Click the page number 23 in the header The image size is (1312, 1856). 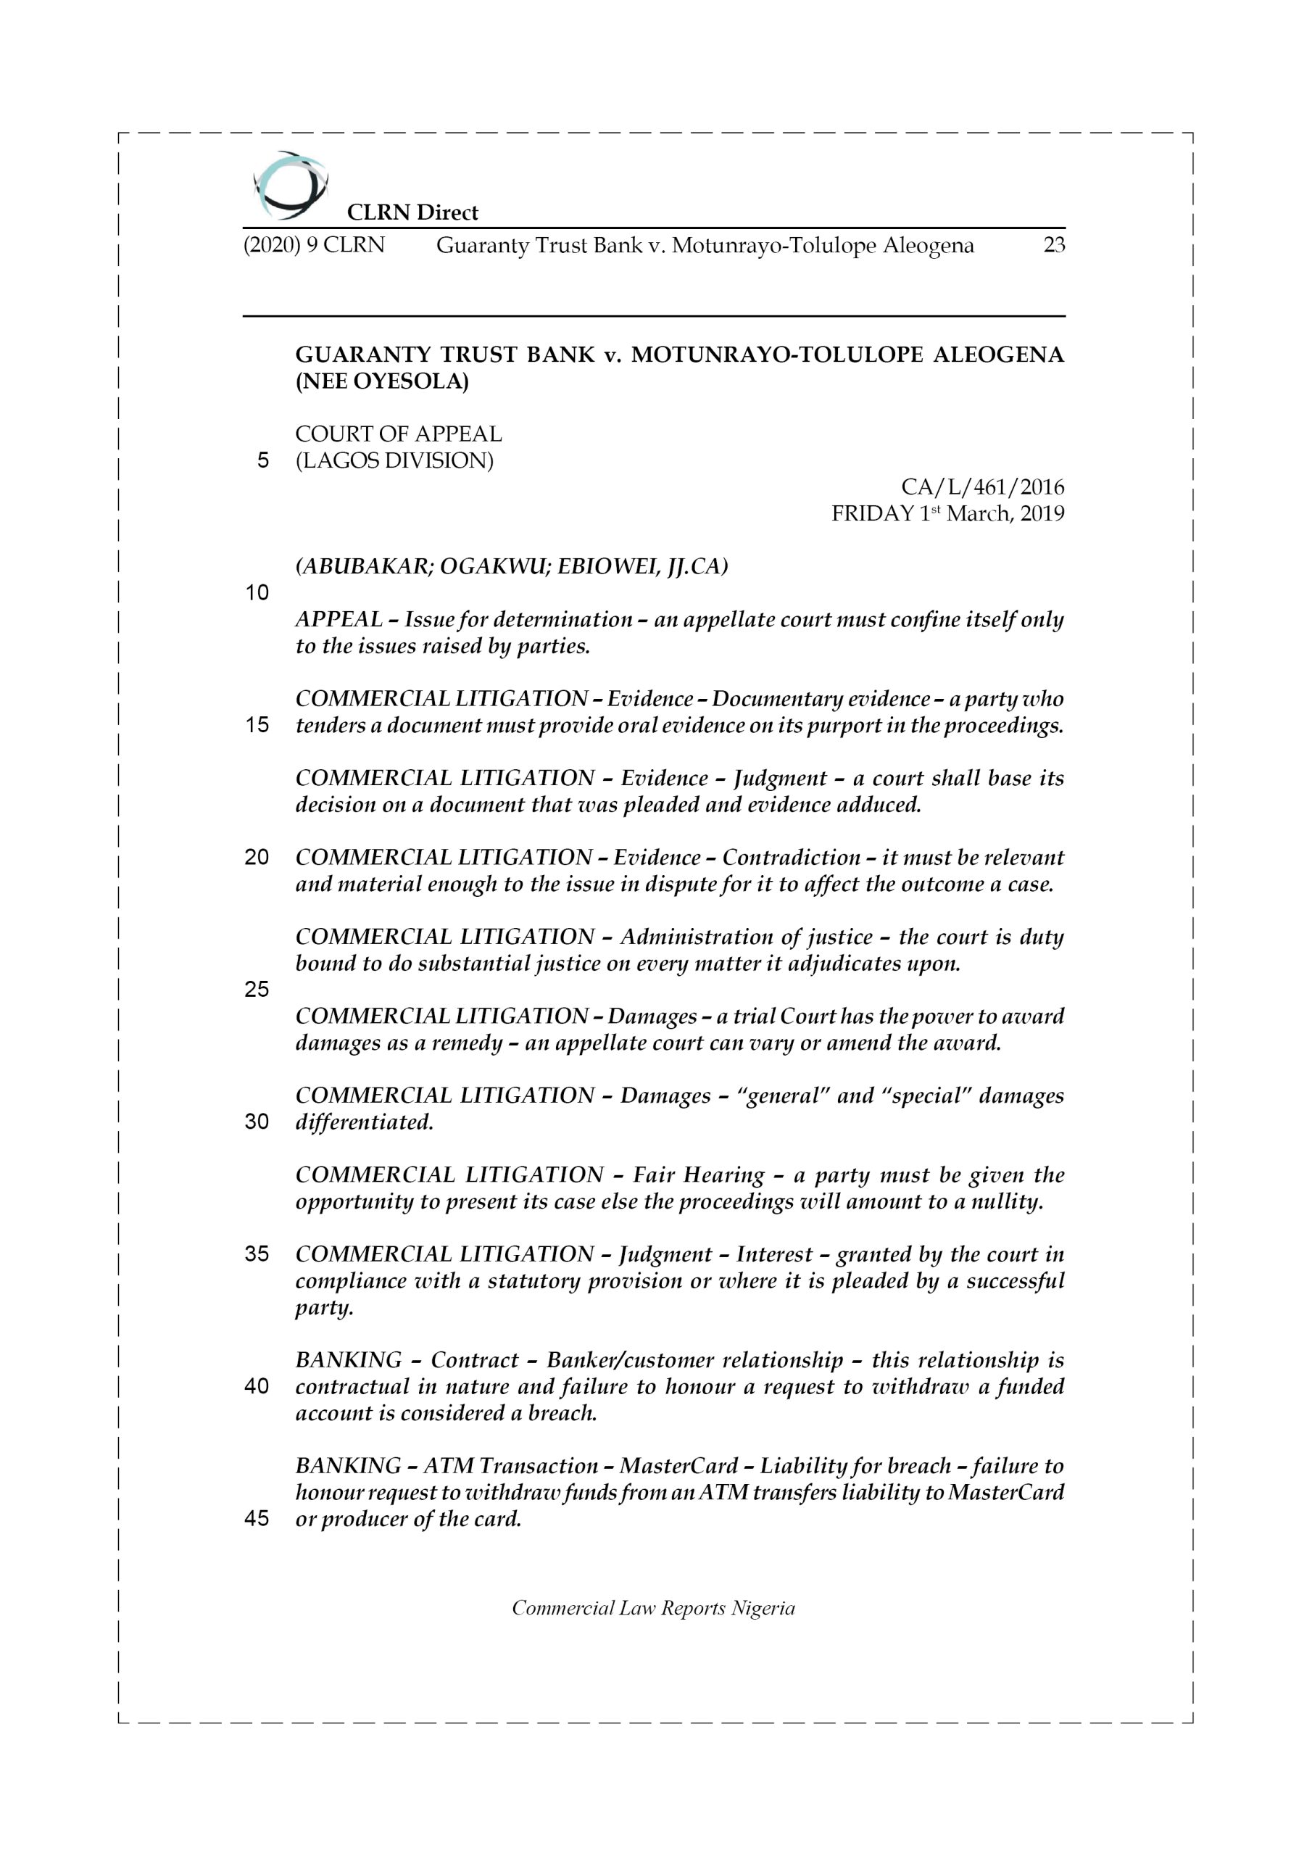tap(1053, 245)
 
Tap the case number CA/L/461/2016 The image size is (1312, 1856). tap(982, 487)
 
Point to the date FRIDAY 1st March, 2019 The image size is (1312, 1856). tap(947, 514)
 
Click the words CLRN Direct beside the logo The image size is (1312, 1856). tap(412, 212)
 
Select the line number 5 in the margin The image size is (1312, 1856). tap(262, 461)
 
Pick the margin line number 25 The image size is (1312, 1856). tap(257, 990)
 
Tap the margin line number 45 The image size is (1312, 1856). tap(257, 1518)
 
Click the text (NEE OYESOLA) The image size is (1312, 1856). tap(381, 381)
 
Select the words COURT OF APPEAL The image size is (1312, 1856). tap(399, 434)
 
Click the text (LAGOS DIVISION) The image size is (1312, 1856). tap(394, 461)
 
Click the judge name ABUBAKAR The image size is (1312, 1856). tap(365, 567)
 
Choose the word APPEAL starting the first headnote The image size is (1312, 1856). tap(339, 619)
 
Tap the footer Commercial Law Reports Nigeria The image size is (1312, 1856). tap(653, 1608)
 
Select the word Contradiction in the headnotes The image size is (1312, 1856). tap(792, 857)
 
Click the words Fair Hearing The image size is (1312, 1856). tap(699, 1174)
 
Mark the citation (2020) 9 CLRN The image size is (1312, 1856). tap(314, 245)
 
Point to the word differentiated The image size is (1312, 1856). tap(364, 1122)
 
